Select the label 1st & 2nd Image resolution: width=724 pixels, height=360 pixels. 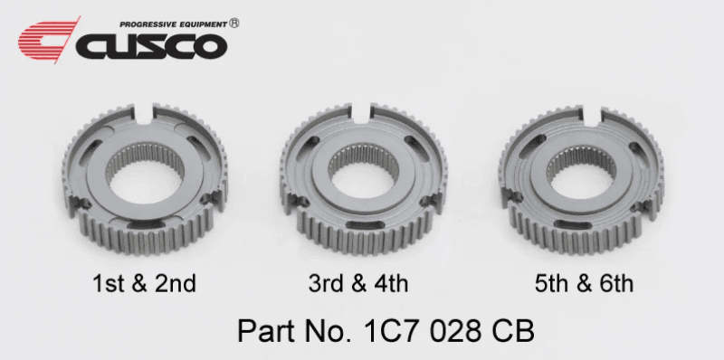click(x=145, y=284)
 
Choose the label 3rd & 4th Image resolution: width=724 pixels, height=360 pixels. click(x=358, y=284)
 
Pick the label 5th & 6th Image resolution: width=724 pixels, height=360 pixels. click(x=582, y=284)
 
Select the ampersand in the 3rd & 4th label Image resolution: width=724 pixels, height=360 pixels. click(x=358, y=284)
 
